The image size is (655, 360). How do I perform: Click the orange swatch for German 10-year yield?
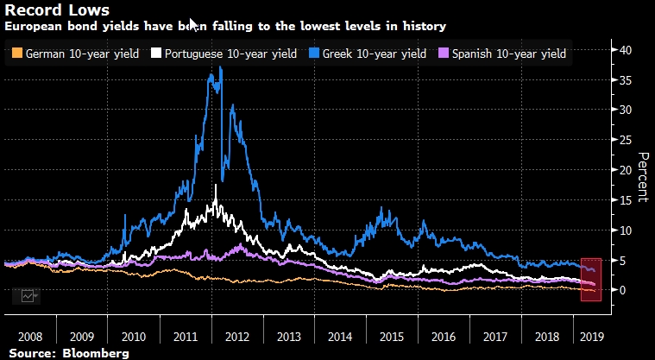click(x=17, y=54)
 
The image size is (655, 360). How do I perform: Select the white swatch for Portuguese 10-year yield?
click(x=156, y=54)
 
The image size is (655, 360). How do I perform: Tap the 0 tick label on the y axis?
click(x=623, y=290)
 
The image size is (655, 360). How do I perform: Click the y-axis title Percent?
click(x=641, y=177)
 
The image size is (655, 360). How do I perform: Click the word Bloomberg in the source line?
click(x=90, y=352)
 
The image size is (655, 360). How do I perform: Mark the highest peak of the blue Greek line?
click(x=222, y=67)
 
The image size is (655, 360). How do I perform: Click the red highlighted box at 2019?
click(x=590, y=280)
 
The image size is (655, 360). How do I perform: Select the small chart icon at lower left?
click(x=28, y=296)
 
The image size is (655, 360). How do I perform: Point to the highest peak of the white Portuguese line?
click(x=214, y=186)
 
